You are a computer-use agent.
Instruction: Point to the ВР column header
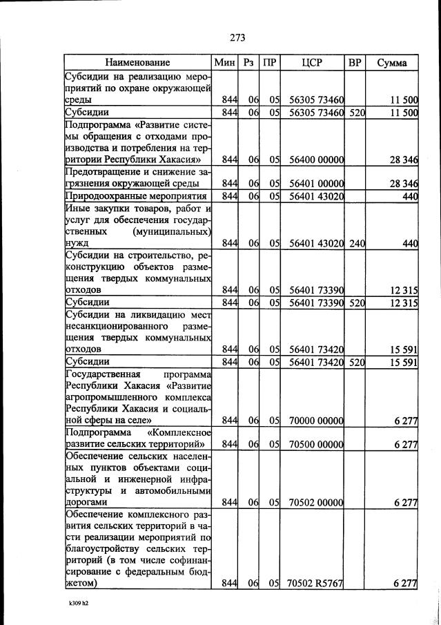point(355,63)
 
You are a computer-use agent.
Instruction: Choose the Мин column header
point(225,63)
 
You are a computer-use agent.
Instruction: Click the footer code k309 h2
point(74,602)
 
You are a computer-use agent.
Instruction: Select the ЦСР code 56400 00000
point(316,160)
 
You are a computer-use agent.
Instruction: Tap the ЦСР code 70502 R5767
point(316,584)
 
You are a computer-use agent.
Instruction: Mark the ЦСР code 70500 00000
point(316,445)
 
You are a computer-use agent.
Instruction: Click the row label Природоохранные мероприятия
point(135,196)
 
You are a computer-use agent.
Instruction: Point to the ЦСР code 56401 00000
point(316,184)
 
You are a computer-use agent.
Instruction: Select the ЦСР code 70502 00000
point(316,503)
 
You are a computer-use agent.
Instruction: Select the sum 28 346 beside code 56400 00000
point(402,160)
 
